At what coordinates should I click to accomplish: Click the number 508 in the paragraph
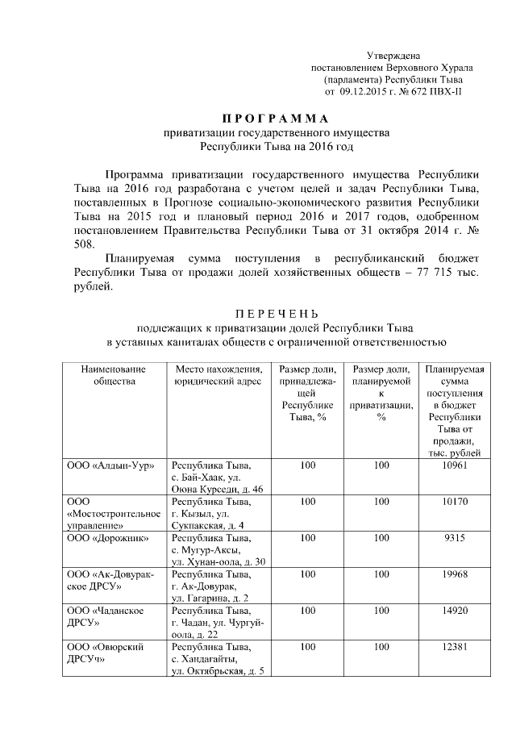(x=84, y=243)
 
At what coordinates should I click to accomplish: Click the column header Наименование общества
(x=113, y=375)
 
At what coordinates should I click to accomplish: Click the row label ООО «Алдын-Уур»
(x=110, y=466)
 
